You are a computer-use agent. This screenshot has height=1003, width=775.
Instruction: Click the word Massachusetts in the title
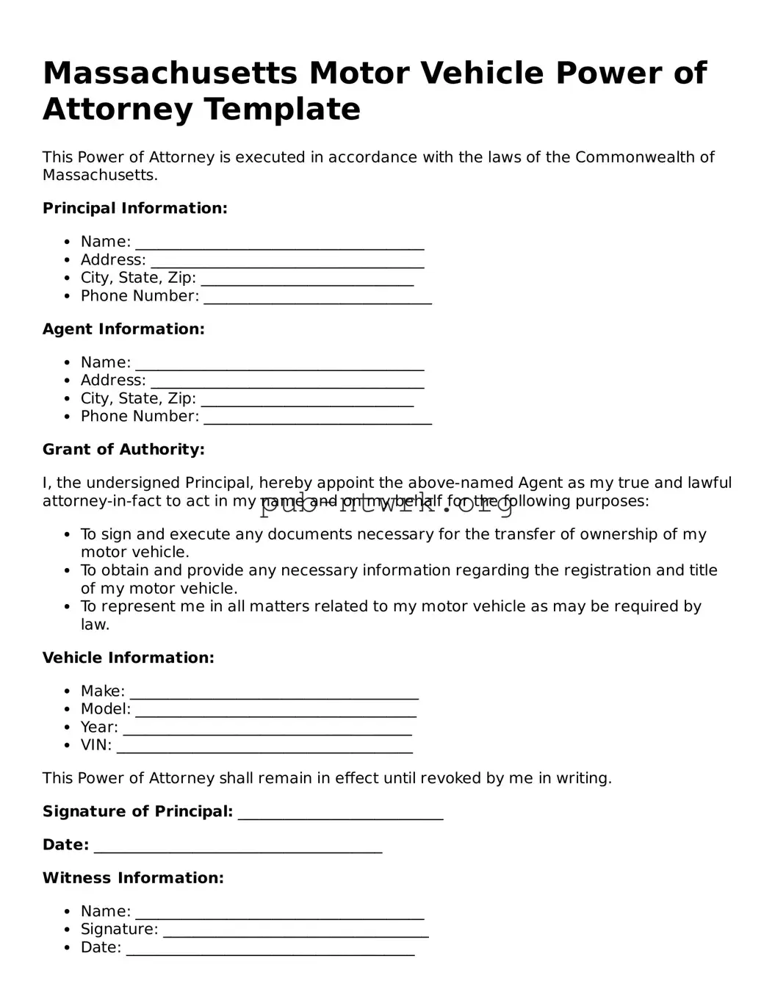(170, 73)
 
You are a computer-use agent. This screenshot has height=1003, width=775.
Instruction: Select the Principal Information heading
(135, 208)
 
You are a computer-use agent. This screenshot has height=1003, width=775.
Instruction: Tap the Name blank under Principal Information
(280, 243)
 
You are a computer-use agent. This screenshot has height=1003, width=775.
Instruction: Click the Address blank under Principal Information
(287, 262)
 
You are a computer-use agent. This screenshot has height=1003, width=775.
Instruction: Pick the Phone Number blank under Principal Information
(317, 298)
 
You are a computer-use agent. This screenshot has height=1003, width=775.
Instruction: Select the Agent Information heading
(123, 328)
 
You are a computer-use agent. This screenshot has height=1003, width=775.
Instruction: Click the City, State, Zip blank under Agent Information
(307, 400)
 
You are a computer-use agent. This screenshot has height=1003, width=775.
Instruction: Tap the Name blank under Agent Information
(280, 364)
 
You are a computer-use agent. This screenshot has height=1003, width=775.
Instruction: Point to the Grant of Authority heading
(123, 449)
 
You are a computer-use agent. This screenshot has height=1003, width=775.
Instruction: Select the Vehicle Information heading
(129, 658)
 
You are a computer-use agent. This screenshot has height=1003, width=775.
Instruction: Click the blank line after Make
(274, 693)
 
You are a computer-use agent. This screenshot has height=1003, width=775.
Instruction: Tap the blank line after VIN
(264, 747)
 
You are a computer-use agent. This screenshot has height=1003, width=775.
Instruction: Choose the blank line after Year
(267, 729)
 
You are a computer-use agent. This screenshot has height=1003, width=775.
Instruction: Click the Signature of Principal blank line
(341, 813)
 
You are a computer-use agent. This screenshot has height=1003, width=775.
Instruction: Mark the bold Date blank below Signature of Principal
(238, 846)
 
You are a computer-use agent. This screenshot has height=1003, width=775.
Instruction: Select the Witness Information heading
(133, 877)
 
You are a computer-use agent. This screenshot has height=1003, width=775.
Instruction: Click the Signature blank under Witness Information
(295, 931)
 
